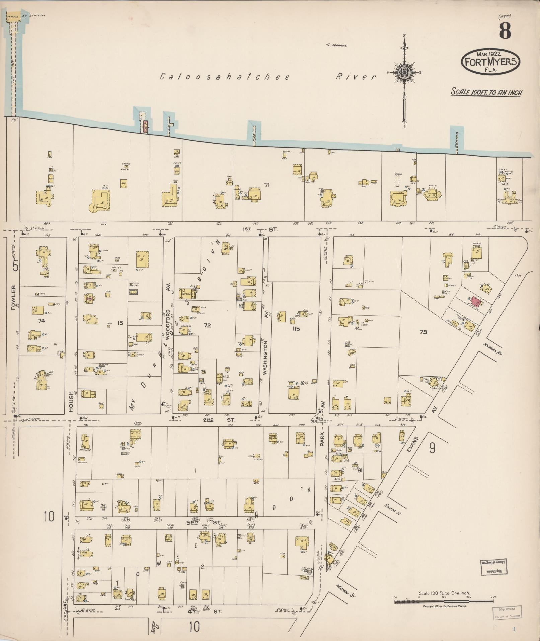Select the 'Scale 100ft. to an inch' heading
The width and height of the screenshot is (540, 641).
[x=486, y=92]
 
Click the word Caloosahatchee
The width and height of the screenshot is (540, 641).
[x=225, y=77]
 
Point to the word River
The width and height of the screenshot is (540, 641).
[x=356, y=77]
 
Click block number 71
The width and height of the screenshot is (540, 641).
[x=267, y=184]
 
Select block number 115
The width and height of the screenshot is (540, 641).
[x=296, y=329]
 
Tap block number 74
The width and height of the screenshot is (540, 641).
[x=42, y=321]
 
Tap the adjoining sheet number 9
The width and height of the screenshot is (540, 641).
[x=432, y=448]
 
